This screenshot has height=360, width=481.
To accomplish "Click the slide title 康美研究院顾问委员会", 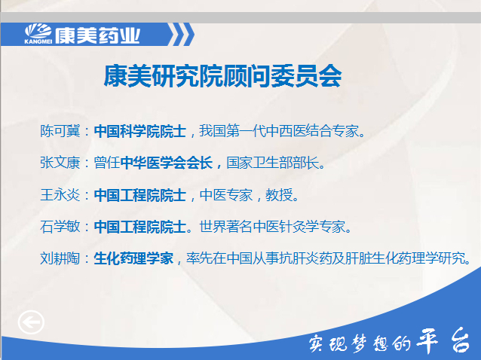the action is (222, 75).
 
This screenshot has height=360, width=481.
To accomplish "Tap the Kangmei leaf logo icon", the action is (38, 32).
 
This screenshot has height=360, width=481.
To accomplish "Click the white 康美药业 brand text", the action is (97, 35).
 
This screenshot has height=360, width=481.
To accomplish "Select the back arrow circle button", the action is (31, 322).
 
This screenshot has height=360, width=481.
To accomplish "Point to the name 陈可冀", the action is (60, 131).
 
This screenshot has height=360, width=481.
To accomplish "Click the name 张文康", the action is (60, 163).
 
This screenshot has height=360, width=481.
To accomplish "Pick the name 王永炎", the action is (60, 195).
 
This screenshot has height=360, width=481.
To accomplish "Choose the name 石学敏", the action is (60, 227).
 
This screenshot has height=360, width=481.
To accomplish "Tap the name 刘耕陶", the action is (60, 258).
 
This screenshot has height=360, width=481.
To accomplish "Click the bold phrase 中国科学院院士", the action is (140, 131).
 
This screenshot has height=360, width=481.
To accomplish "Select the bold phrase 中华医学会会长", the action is (167, 163).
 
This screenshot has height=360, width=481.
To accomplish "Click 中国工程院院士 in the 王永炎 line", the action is (140, 195).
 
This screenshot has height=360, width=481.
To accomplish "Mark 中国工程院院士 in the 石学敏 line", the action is (140, 227).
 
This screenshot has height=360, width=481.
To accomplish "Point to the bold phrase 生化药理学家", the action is (133, 258).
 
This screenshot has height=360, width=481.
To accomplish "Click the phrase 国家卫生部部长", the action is (273, 163).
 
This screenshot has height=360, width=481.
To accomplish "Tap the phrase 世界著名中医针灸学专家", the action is (272, 227).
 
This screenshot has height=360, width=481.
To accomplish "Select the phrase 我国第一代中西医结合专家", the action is (279, 131).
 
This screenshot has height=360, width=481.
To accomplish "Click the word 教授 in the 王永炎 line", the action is (279, 195).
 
